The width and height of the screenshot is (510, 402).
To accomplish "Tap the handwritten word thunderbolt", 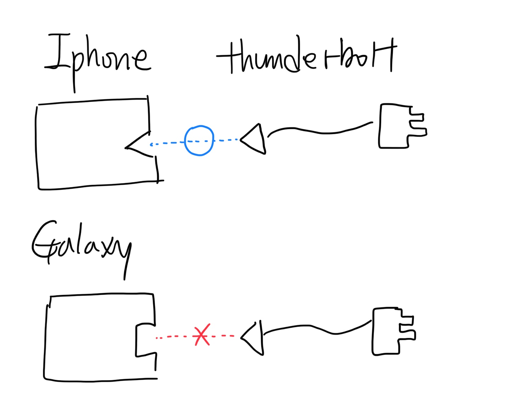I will [x=306, y=57].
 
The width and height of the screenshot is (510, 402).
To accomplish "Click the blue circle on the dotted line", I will [x=199, y=141].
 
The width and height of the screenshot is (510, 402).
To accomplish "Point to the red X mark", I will [x=202, y=335].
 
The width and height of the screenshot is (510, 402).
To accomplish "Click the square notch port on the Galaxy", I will [x=145, y=339].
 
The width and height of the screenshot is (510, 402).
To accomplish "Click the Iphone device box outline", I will [x=37, y=145].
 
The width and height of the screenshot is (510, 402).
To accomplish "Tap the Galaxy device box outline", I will [x=45, y=340].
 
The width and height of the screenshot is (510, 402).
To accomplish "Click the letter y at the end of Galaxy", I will [x=124, y=253].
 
